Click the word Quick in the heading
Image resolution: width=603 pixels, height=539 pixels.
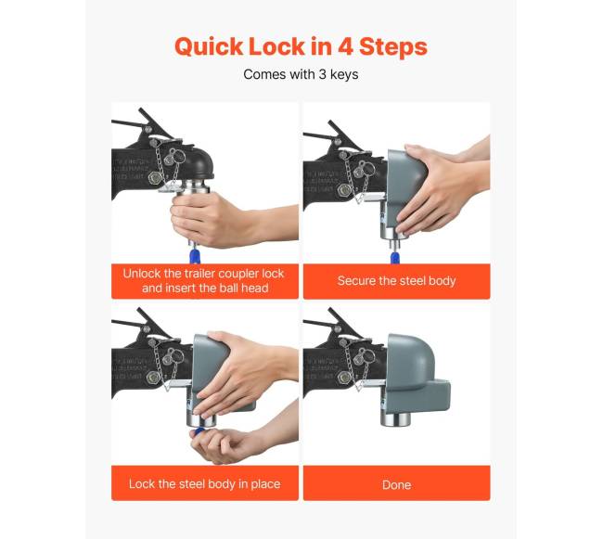click(209, 47)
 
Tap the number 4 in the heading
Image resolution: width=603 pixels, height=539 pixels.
click(345, 46)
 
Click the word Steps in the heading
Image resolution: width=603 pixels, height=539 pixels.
click(393, 47)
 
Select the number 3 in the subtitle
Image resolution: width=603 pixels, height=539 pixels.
click(323, 74)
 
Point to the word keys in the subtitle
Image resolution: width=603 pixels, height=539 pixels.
click(344, 74)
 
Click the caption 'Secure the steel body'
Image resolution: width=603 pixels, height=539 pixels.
click(396, 281)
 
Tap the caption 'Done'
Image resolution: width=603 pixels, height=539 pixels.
click(396, 484)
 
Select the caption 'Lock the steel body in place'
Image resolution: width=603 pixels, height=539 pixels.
click(205, 483)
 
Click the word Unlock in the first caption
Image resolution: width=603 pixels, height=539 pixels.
click(142, 274)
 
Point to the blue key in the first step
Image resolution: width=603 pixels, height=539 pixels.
click(195, 255)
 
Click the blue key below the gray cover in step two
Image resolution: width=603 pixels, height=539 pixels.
click(394, 258)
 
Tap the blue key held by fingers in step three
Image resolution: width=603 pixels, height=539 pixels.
click(199, 430)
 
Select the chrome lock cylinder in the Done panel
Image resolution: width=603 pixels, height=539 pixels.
click(396, 417)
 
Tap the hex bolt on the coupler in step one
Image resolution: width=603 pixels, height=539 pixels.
click(155, 177)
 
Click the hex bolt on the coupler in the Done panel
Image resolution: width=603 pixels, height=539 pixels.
click(344, 378)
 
